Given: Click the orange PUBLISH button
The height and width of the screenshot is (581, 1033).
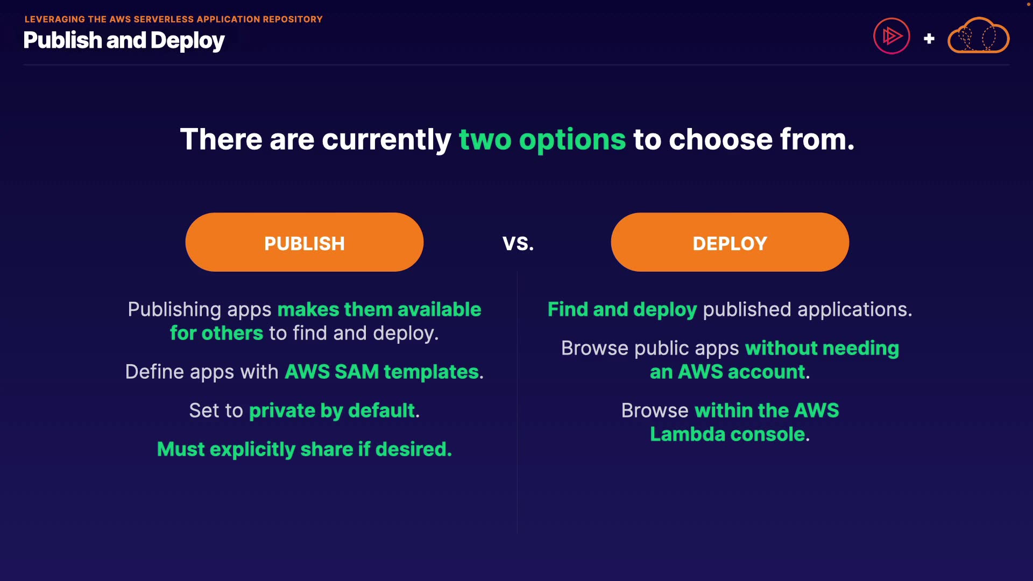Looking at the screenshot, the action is [305, 242].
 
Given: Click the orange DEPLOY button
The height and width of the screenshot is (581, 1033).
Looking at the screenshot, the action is [730, 242].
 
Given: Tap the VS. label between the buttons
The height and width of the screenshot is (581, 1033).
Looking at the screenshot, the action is [518, 244].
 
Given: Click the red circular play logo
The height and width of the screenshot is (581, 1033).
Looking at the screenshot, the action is [892, 36].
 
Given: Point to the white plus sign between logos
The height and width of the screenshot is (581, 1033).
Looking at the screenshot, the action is [929, 39].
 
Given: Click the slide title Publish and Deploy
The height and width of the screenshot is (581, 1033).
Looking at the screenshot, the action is [124, 41].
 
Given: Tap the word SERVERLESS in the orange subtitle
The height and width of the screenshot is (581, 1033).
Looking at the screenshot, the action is [164, 19].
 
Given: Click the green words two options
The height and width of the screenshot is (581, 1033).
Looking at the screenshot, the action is [542, 140].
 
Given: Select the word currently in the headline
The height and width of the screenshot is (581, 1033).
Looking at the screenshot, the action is [386, 140].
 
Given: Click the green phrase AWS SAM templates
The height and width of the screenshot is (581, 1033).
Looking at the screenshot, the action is [381, 372].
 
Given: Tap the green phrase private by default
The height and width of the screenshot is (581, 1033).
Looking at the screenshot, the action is [332, 411].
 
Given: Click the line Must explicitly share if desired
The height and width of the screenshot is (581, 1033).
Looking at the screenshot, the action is [305, 449].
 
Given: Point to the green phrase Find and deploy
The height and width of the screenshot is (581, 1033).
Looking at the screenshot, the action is [622, 310].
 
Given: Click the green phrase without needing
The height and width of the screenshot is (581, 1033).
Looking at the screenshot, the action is [822, 349].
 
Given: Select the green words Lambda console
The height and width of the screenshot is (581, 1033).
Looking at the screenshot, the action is [727, 434].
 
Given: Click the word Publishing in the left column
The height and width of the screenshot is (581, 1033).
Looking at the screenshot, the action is [174, 310].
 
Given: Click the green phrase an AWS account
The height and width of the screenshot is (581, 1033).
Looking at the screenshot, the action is [727, 372].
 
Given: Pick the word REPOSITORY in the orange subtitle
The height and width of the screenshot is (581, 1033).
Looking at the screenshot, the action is [293, 19].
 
